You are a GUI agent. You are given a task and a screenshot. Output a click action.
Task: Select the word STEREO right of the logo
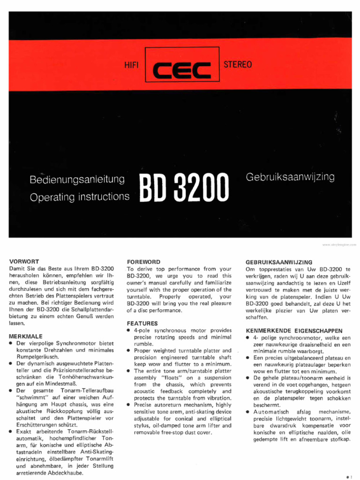(238, 64)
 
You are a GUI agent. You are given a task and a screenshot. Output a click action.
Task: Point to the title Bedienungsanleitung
(77, 179)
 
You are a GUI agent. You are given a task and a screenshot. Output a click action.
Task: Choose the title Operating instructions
(79, 196)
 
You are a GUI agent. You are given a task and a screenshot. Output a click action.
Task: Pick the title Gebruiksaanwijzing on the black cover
(290, 177)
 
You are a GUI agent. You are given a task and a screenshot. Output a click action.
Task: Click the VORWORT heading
(24, 261)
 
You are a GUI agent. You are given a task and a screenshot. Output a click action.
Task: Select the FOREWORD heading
(144, 262)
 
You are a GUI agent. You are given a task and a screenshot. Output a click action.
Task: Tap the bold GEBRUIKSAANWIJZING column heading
(279, 262)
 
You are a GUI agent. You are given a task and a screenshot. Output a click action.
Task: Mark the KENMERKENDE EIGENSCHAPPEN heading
(294, 330)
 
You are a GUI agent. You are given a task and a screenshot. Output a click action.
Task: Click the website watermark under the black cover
(339, 245)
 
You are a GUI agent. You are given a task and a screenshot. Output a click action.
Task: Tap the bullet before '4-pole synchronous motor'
(129, 330)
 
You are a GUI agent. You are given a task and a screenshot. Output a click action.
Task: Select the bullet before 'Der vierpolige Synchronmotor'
(11, 344)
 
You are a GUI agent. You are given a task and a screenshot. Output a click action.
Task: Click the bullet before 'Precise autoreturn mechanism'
(129, 405)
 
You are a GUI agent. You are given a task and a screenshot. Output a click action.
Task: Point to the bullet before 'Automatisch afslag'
(247, 412)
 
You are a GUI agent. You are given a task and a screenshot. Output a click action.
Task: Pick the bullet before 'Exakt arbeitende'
(11, 431)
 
